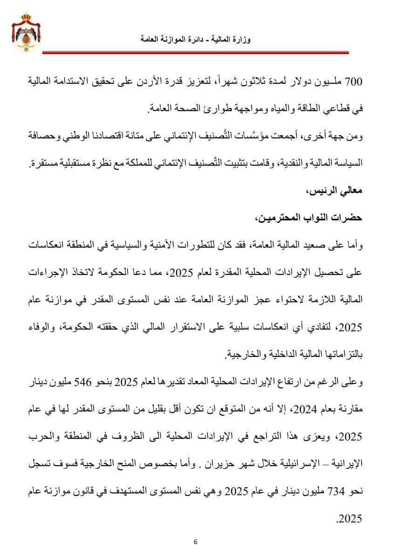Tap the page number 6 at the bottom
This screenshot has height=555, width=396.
pyautogui.click(x=196, y=541)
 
